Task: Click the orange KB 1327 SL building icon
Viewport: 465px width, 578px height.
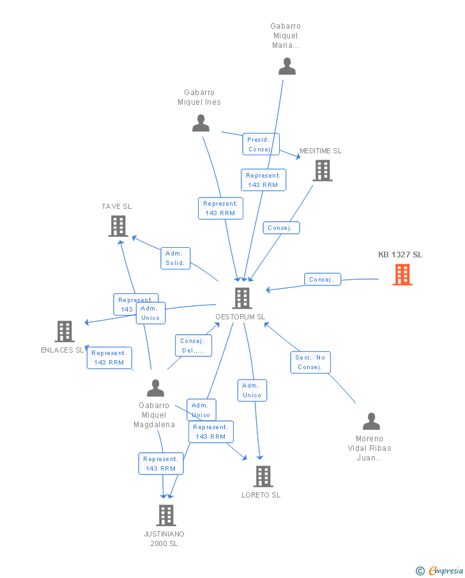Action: (402, 274)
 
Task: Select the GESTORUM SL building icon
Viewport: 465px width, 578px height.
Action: (241, 298)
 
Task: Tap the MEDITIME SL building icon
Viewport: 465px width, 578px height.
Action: (323, 170)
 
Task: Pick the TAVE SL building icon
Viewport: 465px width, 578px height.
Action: (118, 226)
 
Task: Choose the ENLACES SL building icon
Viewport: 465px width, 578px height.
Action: (65, 331)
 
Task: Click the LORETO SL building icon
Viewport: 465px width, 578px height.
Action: (263, 476)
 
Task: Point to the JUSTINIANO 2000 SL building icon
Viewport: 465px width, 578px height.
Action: (165, 515)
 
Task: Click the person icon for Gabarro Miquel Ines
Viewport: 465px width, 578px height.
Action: (201, 123)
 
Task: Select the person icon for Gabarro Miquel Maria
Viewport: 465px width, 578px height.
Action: (287, 66)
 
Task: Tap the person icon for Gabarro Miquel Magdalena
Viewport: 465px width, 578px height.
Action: (155, 388)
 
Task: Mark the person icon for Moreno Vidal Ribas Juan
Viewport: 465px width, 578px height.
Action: (371, 422)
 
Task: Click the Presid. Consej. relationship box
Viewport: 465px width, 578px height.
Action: (261, 144)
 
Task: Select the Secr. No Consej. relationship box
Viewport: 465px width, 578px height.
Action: (311, 362)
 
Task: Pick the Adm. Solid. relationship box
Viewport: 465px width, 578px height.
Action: (175, 258)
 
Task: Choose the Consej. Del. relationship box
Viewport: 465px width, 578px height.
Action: (192, 346)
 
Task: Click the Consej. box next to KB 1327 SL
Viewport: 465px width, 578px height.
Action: (322, 280)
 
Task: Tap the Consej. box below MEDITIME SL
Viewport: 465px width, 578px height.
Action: (280, 227)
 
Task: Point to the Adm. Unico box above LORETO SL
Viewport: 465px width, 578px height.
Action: (252, 390)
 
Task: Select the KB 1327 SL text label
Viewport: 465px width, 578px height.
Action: (400, 255)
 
